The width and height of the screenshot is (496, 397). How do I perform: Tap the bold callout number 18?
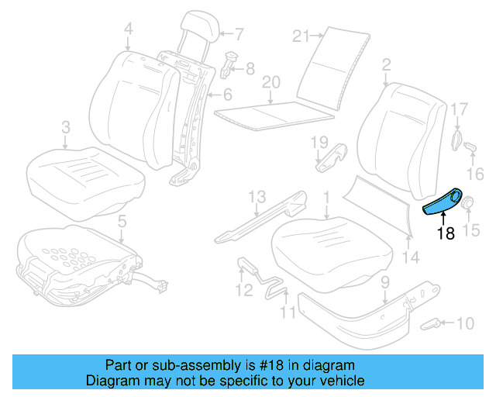tap(445, 233)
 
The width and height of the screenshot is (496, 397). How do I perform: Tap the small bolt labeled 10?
tap(435, 322)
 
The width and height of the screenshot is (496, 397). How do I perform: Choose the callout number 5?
tap(121, 223)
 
